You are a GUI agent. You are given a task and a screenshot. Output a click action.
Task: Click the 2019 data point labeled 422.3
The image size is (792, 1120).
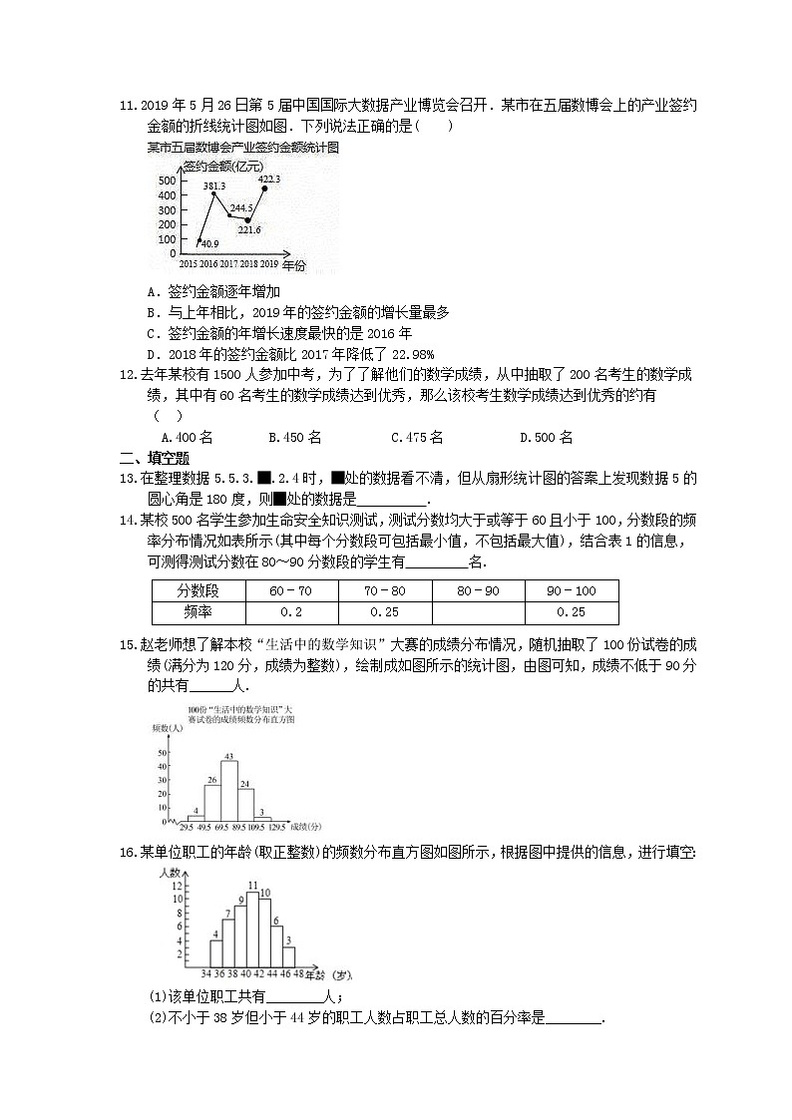[x=262, y=188]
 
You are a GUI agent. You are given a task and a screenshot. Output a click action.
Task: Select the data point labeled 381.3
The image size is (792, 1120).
[x=212, y=195]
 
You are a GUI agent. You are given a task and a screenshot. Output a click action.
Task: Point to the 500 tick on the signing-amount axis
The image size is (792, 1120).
[x=167, y=181]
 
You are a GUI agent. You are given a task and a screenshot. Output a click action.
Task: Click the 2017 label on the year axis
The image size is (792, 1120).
[x=228, y=264]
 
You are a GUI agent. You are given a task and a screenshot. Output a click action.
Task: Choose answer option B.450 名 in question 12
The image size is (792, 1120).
[x=294, y=437]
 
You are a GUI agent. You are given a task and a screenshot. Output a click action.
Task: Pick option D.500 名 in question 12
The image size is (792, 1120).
[x=546, y=437]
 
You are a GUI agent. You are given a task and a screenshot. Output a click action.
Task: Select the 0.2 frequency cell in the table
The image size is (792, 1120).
[x=290, y=612]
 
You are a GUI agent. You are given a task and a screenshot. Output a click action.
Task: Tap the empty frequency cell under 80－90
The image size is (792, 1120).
[x=478, y=612]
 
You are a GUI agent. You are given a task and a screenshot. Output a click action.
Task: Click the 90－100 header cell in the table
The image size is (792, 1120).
[x=572, y=590]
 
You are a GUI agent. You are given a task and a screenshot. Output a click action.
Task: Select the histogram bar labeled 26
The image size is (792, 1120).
[x=212, y=801]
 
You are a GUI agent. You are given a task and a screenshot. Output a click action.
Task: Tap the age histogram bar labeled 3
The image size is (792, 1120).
[x=289, y=954]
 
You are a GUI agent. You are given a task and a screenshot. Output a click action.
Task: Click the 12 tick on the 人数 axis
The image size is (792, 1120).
[x=179, y=887]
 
